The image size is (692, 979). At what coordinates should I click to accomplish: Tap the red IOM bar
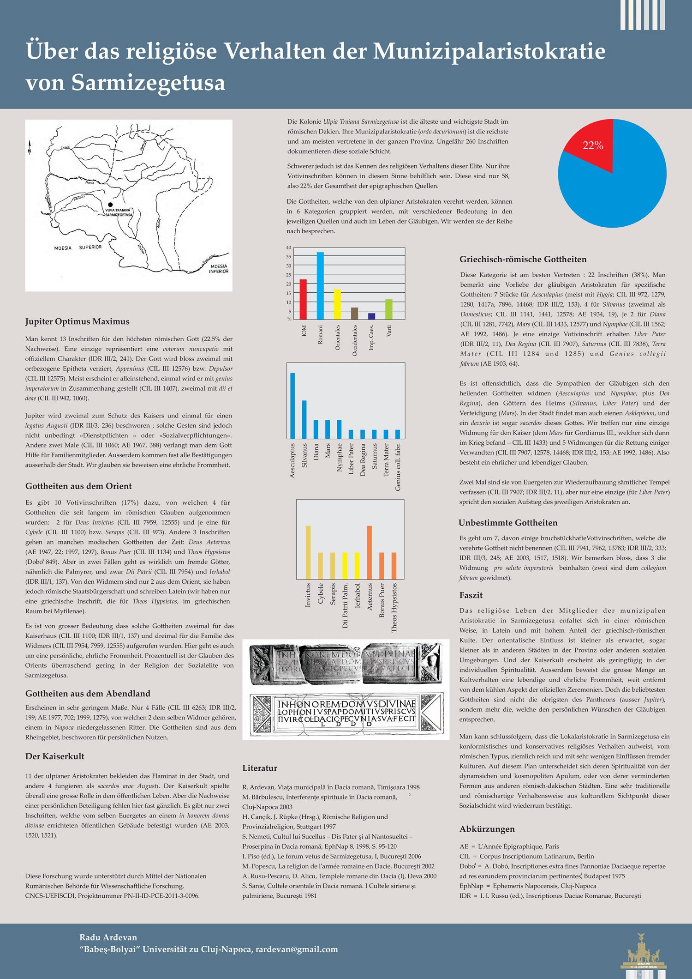pyautogui.click(x=303, y=299)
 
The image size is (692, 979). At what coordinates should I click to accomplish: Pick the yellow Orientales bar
pyautogui.click(x=337, y=304)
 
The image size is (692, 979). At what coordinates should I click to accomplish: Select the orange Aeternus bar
pyautogui.click(x=370, y=552)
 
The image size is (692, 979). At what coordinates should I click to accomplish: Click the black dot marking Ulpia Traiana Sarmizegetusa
pyautogui.click(x=110, y=204)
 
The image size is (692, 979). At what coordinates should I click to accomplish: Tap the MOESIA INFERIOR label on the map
pyautogui.click(x=219, y=269)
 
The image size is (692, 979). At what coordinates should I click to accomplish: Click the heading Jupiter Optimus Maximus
pyautogui.click(x=77, y=321)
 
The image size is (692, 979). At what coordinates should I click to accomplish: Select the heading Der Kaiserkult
pyautogui.click(x=54, y=756)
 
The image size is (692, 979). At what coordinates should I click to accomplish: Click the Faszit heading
pyautogui.click(x=471, y=595)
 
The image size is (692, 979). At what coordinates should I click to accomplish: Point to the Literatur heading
pyautogui.click(x=260, y=768)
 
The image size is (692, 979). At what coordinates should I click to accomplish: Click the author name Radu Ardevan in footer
pyautogui.click(x=108, y=937)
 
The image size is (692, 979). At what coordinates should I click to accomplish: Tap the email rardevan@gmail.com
pyautogui.click(x=297, y=949)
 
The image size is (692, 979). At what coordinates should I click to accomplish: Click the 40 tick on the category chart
pyautogui.click(x=289, y=248)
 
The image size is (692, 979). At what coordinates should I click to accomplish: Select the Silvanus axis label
pyautogui.click(x=304, y=455)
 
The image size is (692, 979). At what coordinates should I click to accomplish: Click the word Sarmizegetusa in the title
pyautogui.click(x=148, y=83)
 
